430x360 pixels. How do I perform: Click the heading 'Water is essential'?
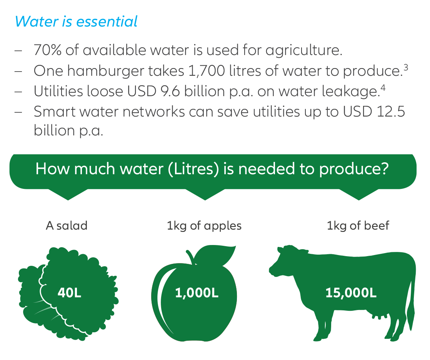pos(76,22)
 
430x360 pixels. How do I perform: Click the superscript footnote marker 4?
pos(383,88)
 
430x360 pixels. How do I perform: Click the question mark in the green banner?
pos(383,169)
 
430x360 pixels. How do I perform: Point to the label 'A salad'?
pos(67,225)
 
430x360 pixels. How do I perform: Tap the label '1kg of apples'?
pos(204,225)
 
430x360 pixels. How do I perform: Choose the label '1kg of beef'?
pos(358,225)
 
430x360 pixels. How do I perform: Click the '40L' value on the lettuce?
pos(69,293)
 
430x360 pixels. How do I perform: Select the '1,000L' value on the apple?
pos(197,293)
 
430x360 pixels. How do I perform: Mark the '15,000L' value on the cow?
pos(351,293)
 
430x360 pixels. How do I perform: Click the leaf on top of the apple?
pos(217,254)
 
